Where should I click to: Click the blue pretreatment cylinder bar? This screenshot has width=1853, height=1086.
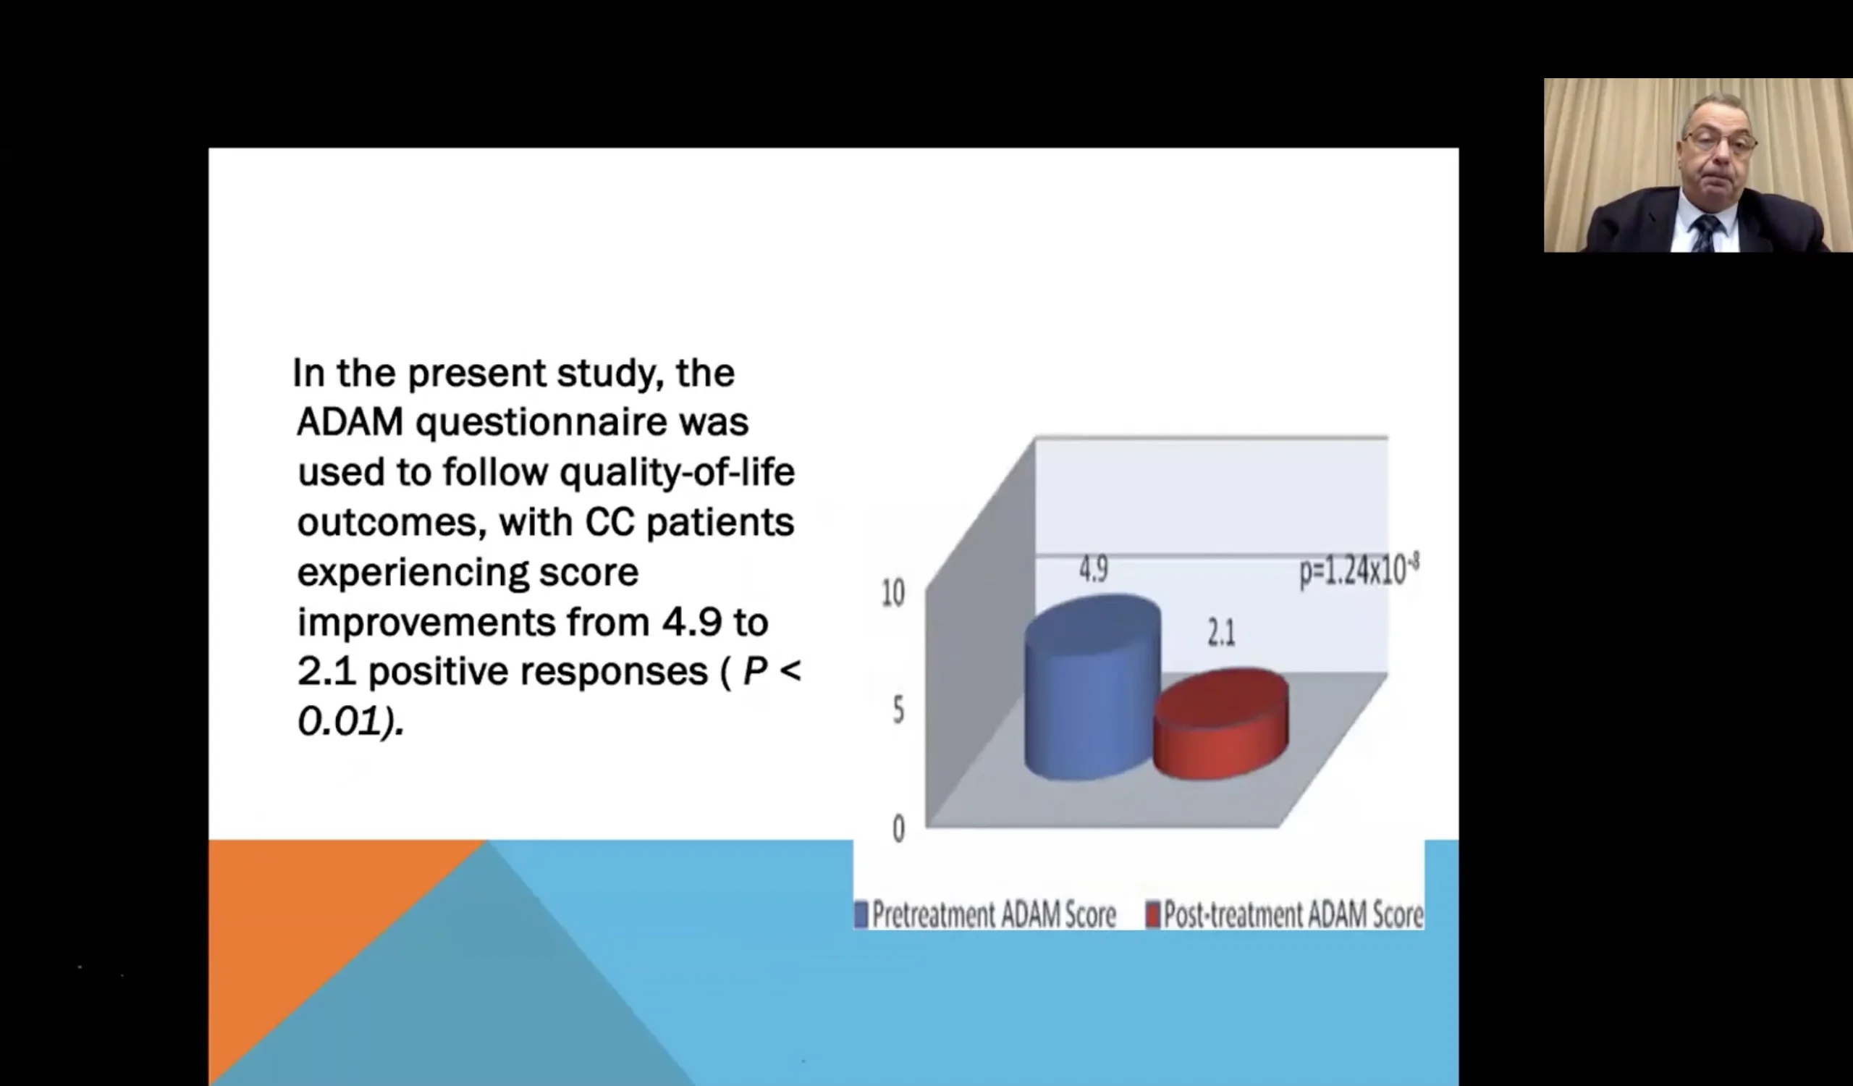[x=1093, y=688]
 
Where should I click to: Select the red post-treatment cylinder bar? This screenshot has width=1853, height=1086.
[x=1220, y=723]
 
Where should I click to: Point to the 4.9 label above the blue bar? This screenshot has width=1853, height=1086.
[x=1094, y=569]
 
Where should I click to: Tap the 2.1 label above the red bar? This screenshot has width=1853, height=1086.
[x=1221, y=632]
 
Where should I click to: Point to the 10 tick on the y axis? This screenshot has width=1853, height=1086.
[x=892, y=593]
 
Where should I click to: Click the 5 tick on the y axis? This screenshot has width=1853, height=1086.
[x=898, y=710]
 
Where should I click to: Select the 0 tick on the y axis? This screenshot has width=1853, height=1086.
[x=898, y=829]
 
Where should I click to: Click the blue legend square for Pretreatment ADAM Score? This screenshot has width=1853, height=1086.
[x=861, y=914]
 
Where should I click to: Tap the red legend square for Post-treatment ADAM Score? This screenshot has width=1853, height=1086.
[x=1152, y=914]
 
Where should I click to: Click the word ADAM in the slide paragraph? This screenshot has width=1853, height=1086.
[x=350, y=422]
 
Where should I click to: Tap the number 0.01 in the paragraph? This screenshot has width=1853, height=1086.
[x=337, y=720]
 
